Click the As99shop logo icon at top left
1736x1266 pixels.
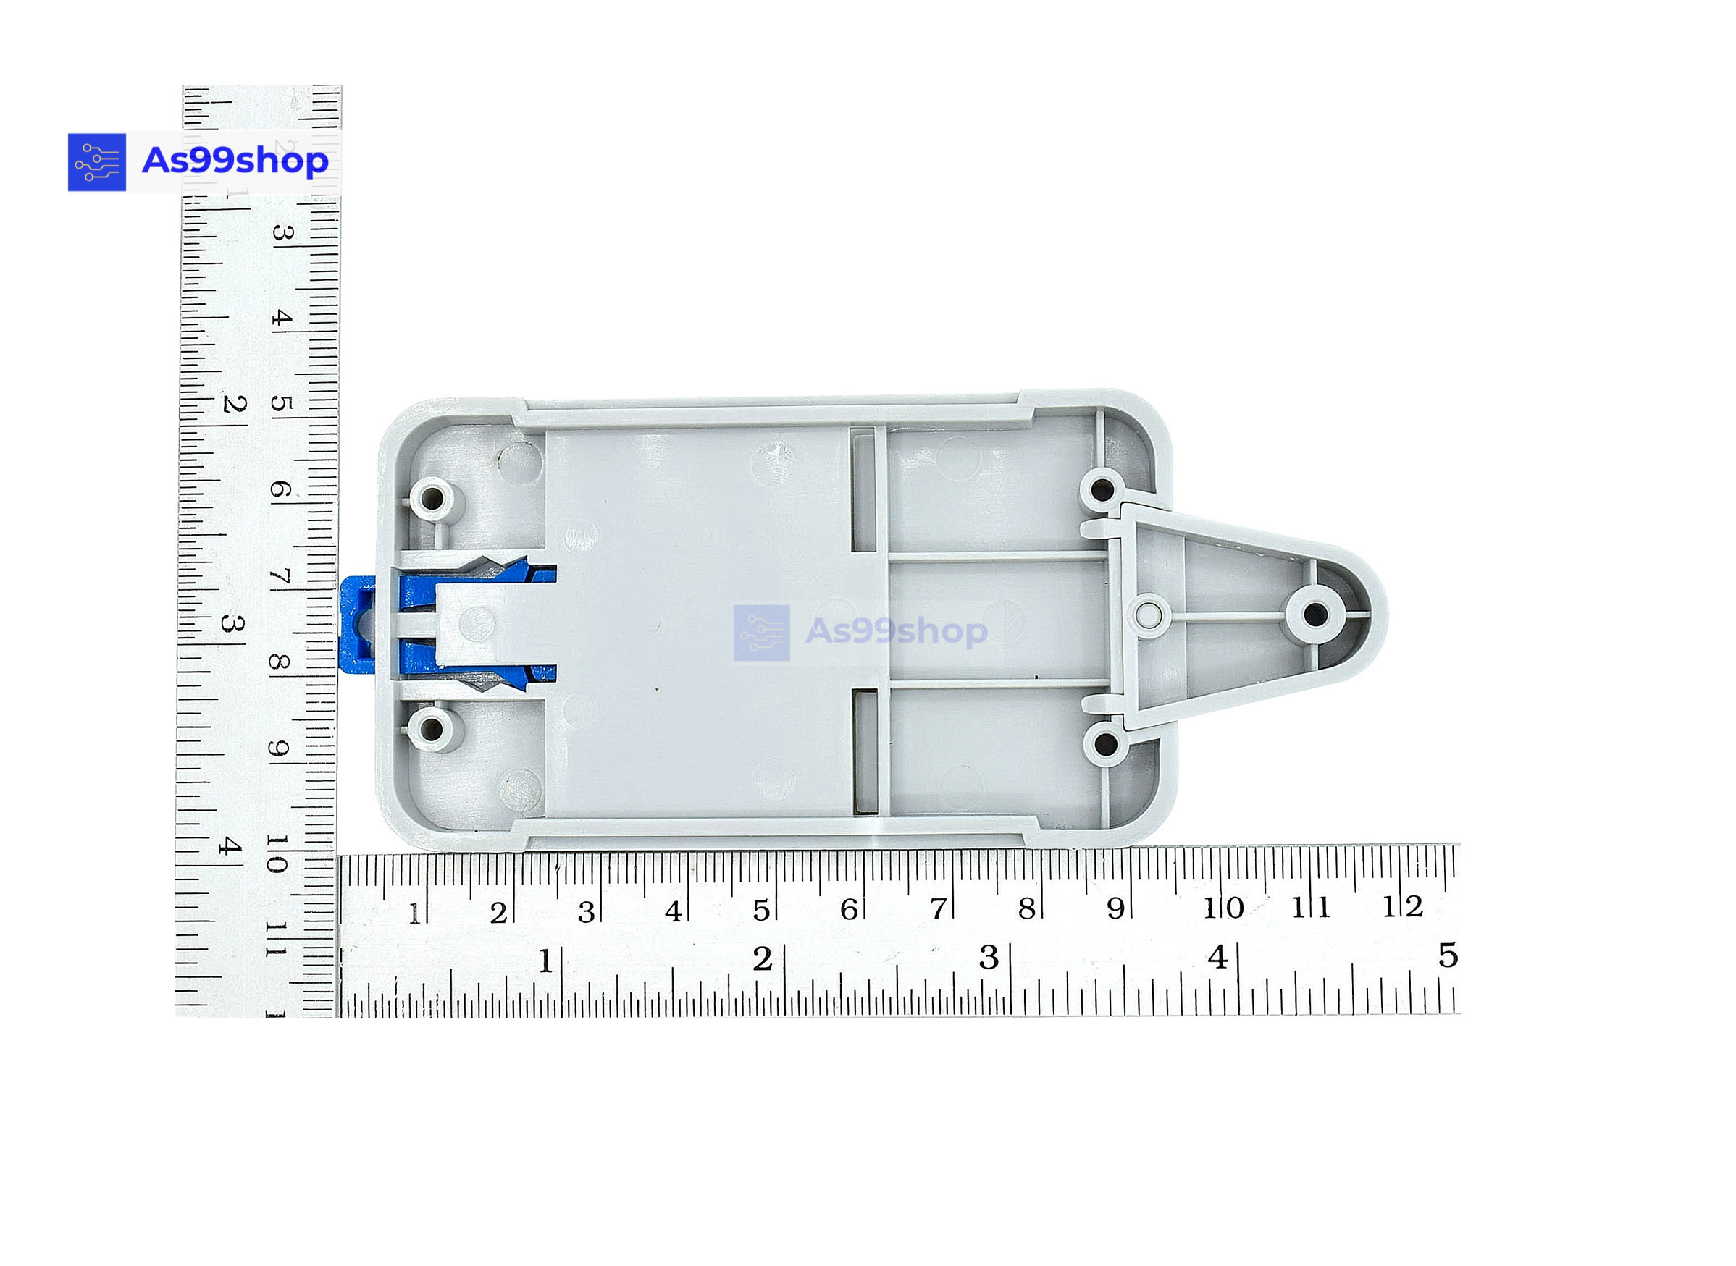96,162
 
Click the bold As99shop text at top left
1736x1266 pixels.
235,161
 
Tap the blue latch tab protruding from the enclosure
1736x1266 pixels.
357,625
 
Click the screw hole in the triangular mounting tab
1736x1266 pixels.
1316,614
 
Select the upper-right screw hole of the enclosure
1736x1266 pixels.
1102,489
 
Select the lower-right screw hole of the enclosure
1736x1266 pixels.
1104,743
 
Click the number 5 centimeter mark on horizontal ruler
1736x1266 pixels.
760,911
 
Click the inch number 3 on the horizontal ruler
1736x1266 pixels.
989,957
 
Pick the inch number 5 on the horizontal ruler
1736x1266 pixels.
1448,955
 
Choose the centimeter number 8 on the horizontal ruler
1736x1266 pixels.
1026,909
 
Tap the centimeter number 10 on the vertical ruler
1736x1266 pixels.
277,853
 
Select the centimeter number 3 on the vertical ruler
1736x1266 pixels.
282,232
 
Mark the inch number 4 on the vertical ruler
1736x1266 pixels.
229,846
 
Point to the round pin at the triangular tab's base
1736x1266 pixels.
1148,614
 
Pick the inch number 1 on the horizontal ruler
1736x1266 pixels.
545,961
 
